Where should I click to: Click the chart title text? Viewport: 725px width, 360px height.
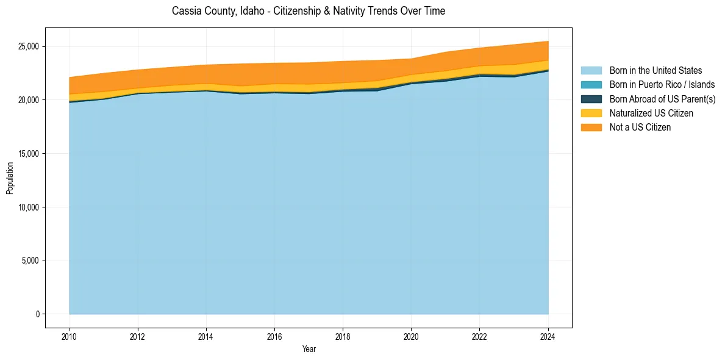308,11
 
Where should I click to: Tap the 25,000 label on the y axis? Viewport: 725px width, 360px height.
29,46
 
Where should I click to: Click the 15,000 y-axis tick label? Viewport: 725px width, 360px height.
29,154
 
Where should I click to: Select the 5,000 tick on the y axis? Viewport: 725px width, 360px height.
30,261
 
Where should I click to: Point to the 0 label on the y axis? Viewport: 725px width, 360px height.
37,314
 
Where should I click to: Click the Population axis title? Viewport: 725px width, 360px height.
10,178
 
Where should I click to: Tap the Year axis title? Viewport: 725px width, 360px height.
309,349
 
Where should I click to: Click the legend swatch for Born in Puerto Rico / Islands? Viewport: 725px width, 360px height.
591,85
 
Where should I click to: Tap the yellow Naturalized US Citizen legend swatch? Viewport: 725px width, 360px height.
591,113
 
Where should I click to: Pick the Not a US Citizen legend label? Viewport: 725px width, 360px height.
640,128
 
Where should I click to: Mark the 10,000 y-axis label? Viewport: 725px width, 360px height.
29,207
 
